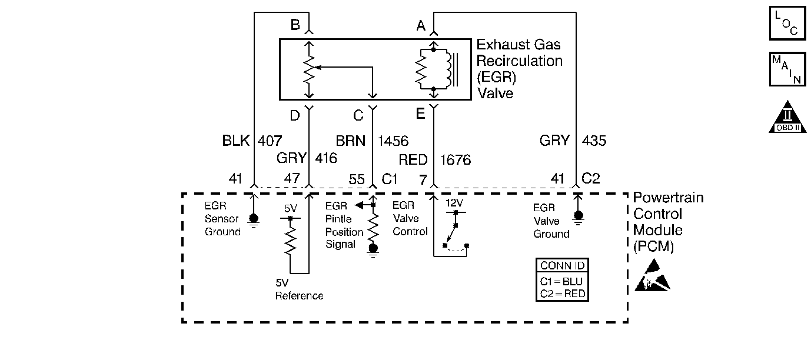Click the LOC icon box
(x=787, y=23)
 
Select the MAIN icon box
(x=787, y=69)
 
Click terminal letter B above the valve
(x=295, y=25)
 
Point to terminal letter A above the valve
(x=421, y=25)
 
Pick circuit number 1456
(x=393, y=141)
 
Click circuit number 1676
(x=456, y=159)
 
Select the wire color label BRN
(x=351, y=141)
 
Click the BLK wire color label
(x=236, y=141)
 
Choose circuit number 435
(x=594, y=141)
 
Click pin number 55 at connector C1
(x=357, y=179)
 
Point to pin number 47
(x=293, y=179)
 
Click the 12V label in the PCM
(x=454, y=203)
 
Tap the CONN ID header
(x=563, y=266)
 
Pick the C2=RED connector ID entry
(x=563, y=293)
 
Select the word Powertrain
(x=668, y=198)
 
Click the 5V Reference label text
(x=299, y=289)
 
